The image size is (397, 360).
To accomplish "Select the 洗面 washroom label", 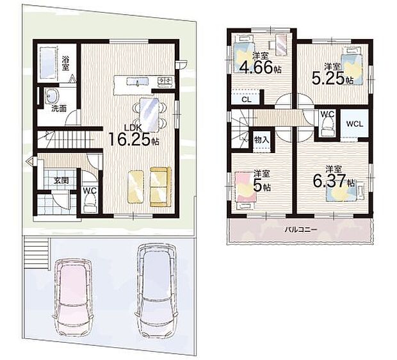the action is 59,108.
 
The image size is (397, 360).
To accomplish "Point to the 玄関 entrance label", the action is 61,181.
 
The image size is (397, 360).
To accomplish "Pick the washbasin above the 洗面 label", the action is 52,95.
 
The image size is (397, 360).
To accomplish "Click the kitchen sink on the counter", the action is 137,81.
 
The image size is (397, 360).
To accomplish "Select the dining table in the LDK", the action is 150,115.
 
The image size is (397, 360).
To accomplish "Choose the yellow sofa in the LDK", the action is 160,187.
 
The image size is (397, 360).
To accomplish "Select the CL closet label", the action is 247,99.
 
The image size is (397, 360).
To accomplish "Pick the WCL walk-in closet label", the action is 355,124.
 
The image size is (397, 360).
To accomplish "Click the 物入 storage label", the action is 261,140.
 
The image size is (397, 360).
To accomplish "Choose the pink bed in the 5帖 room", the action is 246,188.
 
